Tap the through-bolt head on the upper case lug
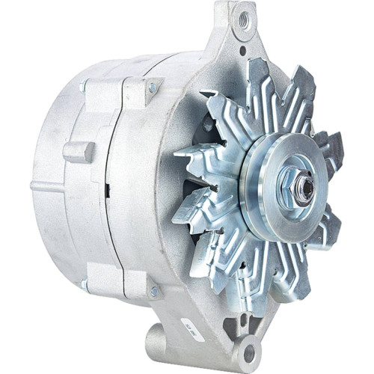click(x=153, y=88)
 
